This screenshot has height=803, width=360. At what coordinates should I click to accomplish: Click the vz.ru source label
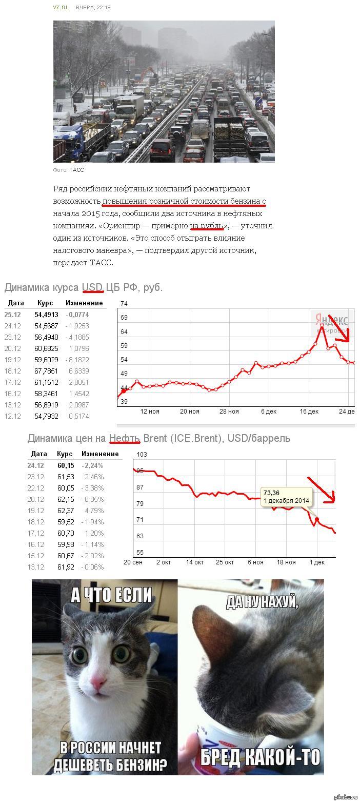(60, 8)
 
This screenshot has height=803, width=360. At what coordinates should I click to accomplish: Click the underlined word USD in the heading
(93, 287)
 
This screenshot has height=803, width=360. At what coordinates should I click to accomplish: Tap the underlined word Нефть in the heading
(124, 438)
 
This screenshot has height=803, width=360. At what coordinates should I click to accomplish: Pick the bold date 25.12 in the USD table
(13, 315)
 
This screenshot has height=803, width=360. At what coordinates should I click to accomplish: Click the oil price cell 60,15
(65, 465)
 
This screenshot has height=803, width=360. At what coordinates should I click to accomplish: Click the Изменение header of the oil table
(100, 454)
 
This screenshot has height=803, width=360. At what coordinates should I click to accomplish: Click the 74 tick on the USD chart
(124, 304)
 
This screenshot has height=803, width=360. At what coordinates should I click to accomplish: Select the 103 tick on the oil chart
(142, 455)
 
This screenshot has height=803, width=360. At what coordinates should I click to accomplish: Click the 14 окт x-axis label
(195, 562)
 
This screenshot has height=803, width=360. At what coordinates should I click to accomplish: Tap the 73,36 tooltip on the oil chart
(286, 496)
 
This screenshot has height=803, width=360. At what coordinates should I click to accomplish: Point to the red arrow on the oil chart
(323, 490)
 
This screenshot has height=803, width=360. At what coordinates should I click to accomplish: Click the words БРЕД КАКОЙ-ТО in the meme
(260, 756)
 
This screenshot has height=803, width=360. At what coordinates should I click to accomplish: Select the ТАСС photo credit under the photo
(76, 170)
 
